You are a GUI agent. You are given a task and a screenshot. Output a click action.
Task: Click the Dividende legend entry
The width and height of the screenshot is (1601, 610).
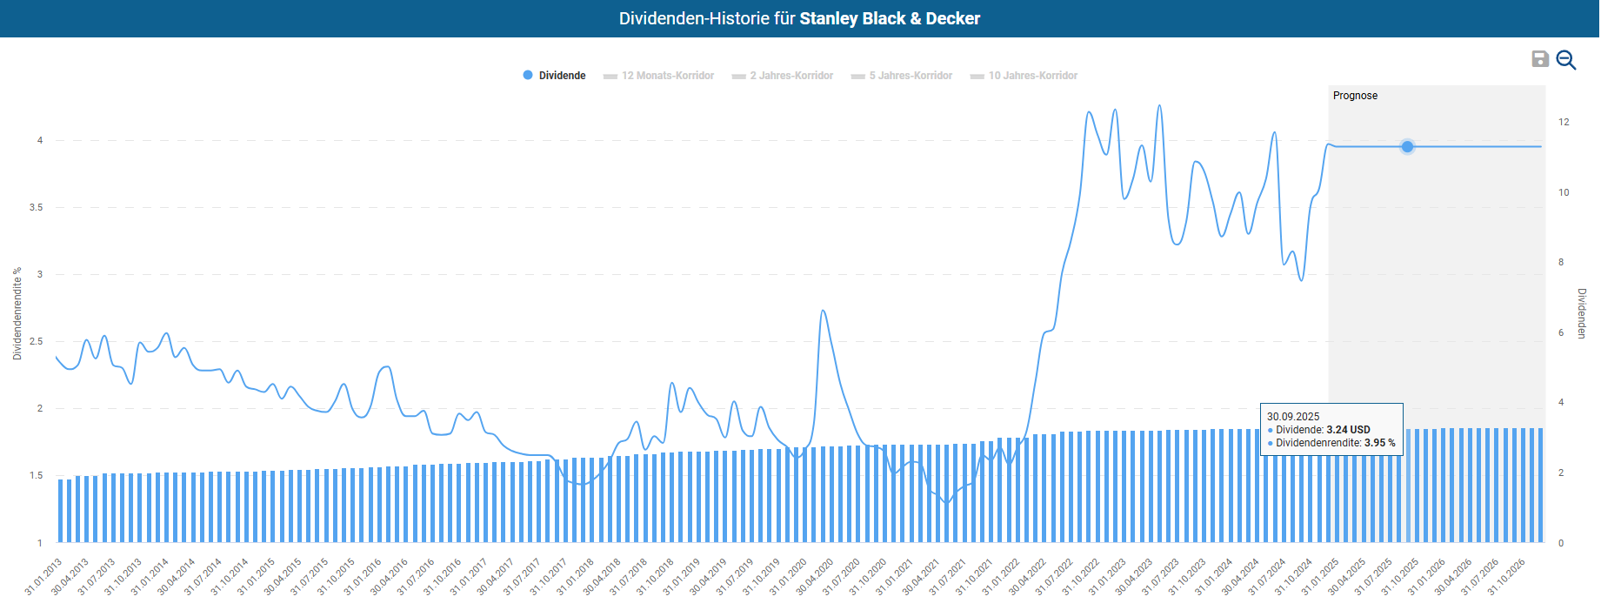coord(554,76)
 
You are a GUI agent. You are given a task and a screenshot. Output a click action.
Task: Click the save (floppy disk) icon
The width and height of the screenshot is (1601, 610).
coord(1540,58)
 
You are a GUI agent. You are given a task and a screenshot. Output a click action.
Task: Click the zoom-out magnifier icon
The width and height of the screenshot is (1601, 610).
coord(1566,59)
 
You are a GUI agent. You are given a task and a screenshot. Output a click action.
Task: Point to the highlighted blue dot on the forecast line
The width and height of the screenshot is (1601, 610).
coord(1407,146)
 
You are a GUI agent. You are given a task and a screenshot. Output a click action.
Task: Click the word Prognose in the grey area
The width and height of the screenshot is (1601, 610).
coord(1355,96)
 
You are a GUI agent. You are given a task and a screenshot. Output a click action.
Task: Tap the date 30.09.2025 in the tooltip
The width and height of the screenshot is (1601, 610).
coord(1293,417)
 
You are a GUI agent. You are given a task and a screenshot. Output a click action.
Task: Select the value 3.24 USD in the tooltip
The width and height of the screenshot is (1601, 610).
coord(1348,430)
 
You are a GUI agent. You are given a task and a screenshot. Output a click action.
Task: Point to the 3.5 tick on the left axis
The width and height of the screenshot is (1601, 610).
coord(36,207)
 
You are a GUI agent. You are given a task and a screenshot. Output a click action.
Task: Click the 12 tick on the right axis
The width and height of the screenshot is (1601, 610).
coord(1564,122)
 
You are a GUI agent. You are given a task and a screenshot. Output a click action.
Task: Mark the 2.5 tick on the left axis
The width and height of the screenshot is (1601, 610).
coord(36,341)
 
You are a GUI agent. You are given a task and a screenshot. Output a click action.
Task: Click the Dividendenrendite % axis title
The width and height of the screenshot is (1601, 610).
coord(17,313)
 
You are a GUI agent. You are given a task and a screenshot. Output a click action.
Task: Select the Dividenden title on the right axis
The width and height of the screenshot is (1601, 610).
coord(1582,313)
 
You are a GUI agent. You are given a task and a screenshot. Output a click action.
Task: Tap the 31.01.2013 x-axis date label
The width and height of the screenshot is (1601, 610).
coord(43,577)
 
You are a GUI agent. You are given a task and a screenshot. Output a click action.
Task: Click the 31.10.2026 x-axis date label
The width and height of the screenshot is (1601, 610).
coord(1506,577)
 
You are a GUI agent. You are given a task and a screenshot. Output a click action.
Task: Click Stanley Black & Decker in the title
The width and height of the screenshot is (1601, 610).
coord(890,18)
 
